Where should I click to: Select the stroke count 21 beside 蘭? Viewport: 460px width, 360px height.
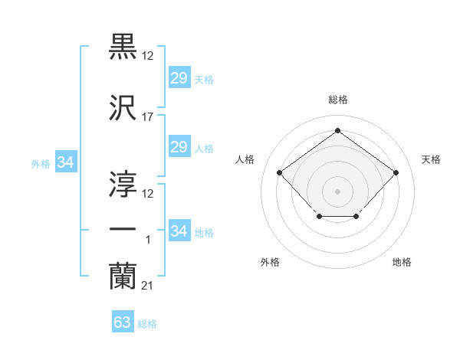coord(148,286)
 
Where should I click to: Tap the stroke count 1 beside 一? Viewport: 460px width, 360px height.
coord(148,241)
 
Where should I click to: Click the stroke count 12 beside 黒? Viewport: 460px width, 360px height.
coord(148,57)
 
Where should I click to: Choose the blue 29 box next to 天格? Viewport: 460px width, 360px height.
coord(179,78)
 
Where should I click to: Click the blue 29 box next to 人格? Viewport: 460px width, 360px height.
coord(179,147)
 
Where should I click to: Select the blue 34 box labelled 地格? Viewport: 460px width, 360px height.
coord(179,231)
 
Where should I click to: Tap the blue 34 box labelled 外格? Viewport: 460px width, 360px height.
coord(65,162)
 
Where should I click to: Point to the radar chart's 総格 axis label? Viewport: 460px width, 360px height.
coord(337,100)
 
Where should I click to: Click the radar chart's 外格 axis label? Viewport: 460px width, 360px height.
coord(270,262)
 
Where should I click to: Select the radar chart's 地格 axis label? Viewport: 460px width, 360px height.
coord(402,262)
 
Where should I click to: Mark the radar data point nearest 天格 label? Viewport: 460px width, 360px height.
coord(396,172)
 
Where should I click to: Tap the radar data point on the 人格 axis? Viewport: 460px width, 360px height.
coord(280,172)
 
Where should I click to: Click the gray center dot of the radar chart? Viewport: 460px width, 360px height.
coord(337,191)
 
